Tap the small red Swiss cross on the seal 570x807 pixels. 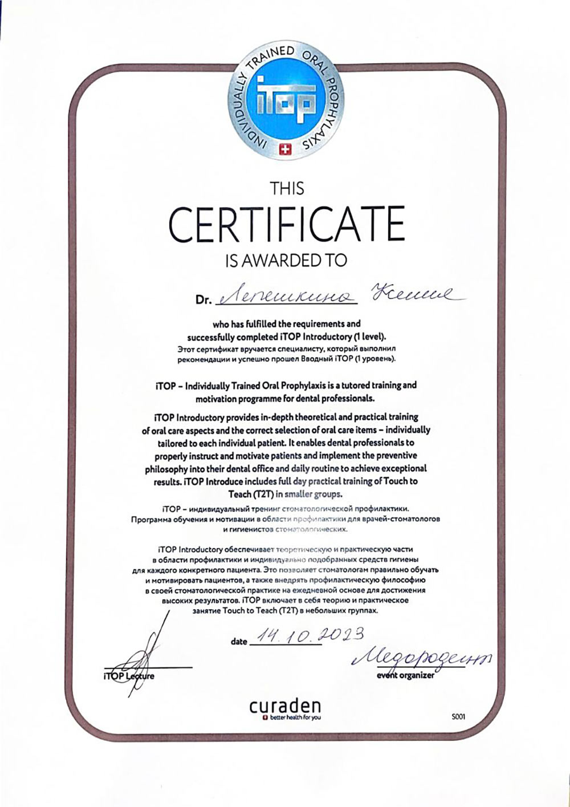click(x=286, y=149)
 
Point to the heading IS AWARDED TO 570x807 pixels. click(x=286, y=260)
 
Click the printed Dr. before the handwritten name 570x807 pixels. click(x=203, y=300)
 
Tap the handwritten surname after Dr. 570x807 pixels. click(x=287, y=297)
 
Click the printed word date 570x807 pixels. click(x=239, y=642)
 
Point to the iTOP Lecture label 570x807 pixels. click(x=129, y=676)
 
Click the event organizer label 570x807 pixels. click(x=405, y=675)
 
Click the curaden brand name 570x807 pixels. click(x=285, y=706)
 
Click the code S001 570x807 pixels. click(x=458, y=717)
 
